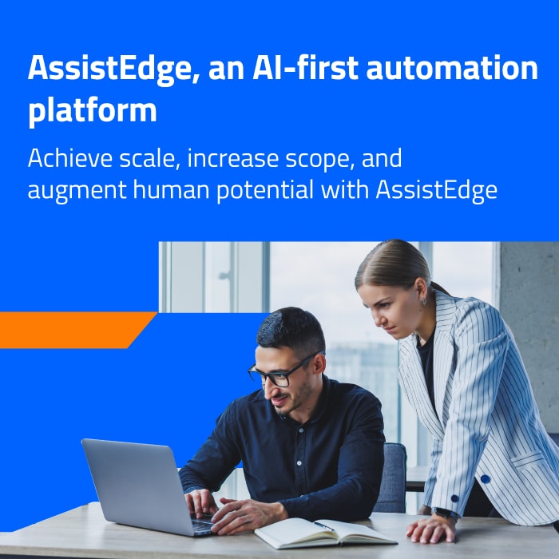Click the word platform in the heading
coord(93,110)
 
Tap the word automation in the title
coord(452,68)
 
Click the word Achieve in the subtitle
coord(70,158)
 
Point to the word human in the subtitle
coord(171,189)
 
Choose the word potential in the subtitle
coord(265,190)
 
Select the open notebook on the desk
coord(324,533)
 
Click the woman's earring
coord(423,301)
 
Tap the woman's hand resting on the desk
coord(430,529)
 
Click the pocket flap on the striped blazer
coord(528,460)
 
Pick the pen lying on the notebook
coord(323,525)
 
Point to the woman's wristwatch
coord(446,513)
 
